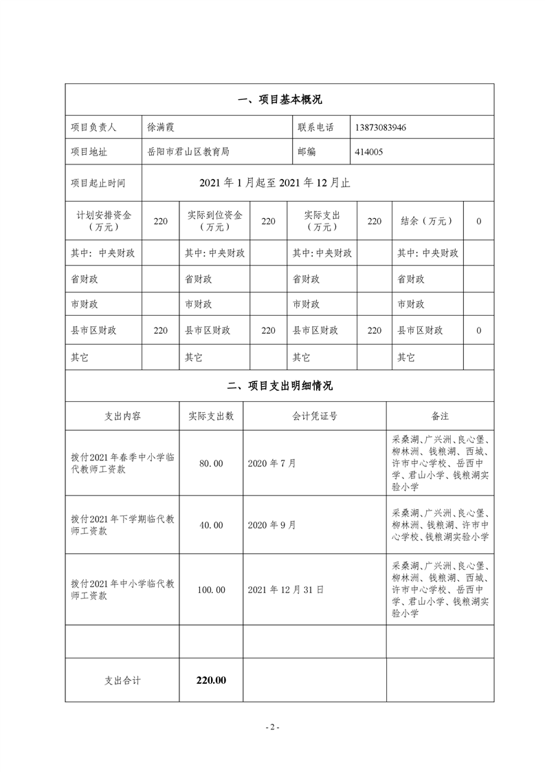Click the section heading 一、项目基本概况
279,100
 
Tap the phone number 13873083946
384,127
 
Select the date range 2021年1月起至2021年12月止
275,182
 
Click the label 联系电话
315,127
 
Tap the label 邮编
307,153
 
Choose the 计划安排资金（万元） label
104,221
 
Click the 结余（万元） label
427,221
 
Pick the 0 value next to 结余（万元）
478,221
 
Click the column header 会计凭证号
314,416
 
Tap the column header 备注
440,416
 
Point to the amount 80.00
211,464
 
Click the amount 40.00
211,525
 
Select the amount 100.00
211,590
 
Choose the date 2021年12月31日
285,590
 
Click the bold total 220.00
211,680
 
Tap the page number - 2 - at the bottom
272,727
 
